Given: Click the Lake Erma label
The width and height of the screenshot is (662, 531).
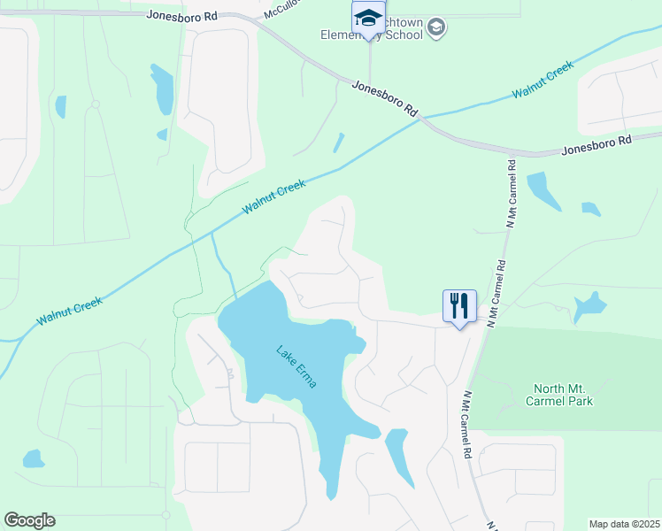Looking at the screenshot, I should tap(296, 367).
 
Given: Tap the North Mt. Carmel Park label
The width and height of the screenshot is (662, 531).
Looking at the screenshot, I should tap(563, 395).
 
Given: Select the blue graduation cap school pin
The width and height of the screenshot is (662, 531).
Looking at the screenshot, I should tap(367, 19).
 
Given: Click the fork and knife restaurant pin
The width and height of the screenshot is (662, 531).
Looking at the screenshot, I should tap(459, 306).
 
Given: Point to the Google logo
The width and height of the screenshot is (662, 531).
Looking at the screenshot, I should tap(29, 520).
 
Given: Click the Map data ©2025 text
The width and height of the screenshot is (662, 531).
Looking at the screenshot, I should tap(624, 523).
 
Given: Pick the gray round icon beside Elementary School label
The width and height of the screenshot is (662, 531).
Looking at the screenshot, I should tap(435, 28).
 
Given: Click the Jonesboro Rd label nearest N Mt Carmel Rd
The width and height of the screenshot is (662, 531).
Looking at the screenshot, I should tap(597, 145).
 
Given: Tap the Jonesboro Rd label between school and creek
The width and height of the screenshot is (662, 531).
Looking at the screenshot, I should tap(384, 97).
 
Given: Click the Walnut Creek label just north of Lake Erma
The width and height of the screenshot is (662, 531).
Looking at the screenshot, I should tap(274, 196).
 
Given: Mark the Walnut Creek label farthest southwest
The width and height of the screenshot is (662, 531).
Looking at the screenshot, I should tap(69, 310).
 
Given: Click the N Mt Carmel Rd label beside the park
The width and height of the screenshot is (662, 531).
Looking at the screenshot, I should tap(466, 425).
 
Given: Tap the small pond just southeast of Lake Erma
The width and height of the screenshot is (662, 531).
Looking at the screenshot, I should tap(398, 453).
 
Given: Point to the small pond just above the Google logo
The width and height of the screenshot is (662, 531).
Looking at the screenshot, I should tap(34, 458).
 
